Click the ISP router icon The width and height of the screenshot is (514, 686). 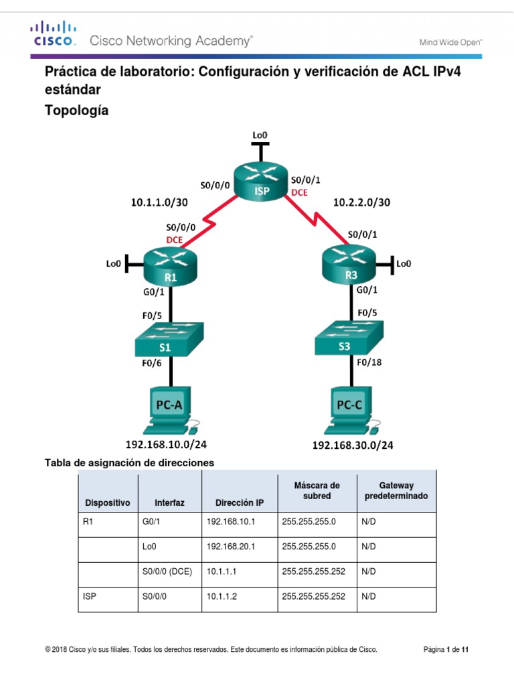point(260,182)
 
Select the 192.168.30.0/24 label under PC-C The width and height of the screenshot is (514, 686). point(353,445)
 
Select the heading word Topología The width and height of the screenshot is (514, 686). point(76,111)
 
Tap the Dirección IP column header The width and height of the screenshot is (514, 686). point(239,502)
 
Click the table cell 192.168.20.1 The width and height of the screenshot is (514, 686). point(231,547)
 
